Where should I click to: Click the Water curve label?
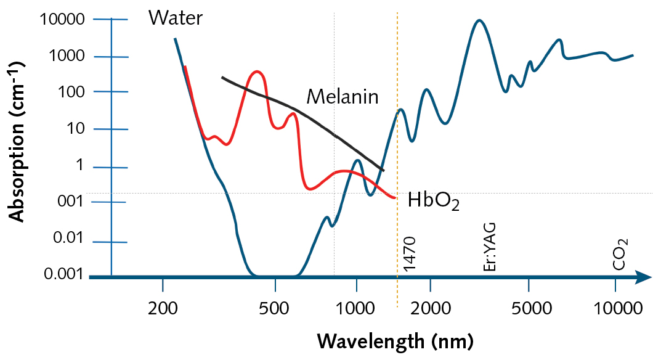175,18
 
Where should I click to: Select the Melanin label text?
342,97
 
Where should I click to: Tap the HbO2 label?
433,202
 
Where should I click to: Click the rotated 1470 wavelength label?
410,253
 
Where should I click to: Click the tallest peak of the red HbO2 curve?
257,72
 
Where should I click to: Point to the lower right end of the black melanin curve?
383,170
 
